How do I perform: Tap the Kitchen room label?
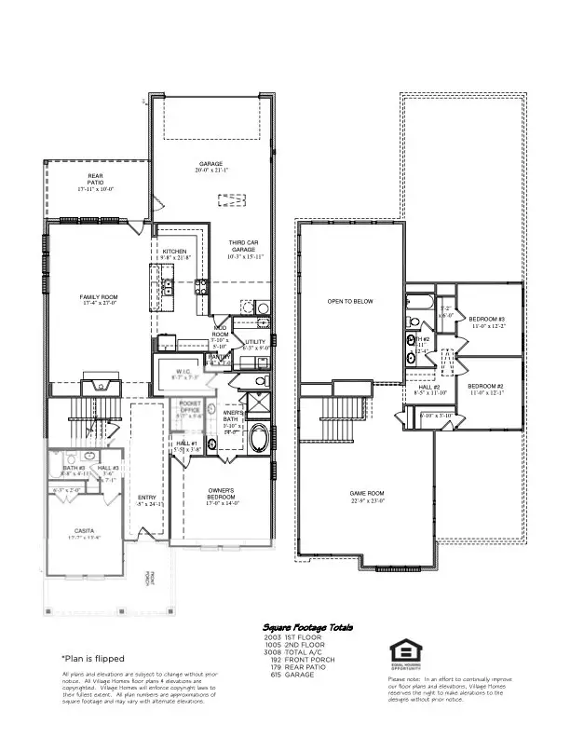[175, 252]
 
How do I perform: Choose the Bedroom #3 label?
[486, 319]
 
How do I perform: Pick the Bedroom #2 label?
[485, 386]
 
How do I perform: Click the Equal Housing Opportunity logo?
[404, 653]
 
